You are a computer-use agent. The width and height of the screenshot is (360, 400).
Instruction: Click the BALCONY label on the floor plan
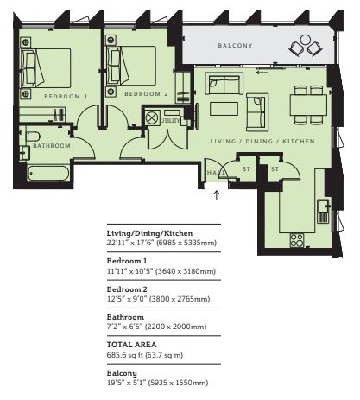tap(235, 46)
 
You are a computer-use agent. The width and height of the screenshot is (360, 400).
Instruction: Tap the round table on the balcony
tap(305, 40)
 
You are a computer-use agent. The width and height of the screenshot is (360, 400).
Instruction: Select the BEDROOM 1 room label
tap(66, 97)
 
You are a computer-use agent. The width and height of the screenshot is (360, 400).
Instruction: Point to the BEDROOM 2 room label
tap(146, 94)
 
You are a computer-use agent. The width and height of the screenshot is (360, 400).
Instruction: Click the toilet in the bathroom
tap(33, 136)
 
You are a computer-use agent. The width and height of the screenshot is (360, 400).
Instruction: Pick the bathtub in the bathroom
tap(48, 174)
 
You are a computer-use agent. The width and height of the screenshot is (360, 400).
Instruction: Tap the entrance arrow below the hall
tap(217, 195)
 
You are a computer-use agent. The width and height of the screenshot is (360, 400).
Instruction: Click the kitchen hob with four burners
tap(297, 240)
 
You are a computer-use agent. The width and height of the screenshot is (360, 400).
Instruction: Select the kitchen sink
tap(324, 211)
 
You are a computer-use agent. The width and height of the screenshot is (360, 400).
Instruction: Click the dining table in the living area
tap(308, 105)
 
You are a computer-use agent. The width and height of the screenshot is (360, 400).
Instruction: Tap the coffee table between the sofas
tap(224, 109)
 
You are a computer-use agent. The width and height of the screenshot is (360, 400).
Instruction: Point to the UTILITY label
tap(170, 121)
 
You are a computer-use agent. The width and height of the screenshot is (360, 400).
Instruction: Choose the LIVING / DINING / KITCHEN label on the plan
tap(262, 142)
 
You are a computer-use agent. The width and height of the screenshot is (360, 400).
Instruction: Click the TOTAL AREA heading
tap(132, 345)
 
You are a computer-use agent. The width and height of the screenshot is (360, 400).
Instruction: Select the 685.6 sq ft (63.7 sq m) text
tap(145, 355)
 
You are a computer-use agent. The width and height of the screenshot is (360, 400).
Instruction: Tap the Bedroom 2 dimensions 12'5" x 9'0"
tap(127, 299)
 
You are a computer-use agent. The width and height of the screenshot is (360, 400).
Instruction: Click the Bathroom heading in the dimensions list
tap(125, 317)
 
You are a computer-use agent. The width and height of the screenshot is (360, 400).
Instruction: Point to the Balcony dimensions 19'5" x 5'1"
tap(127, 383)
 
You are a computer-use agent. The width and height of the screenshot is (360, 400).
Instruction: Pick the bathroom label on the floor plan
tap(52, 146)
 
